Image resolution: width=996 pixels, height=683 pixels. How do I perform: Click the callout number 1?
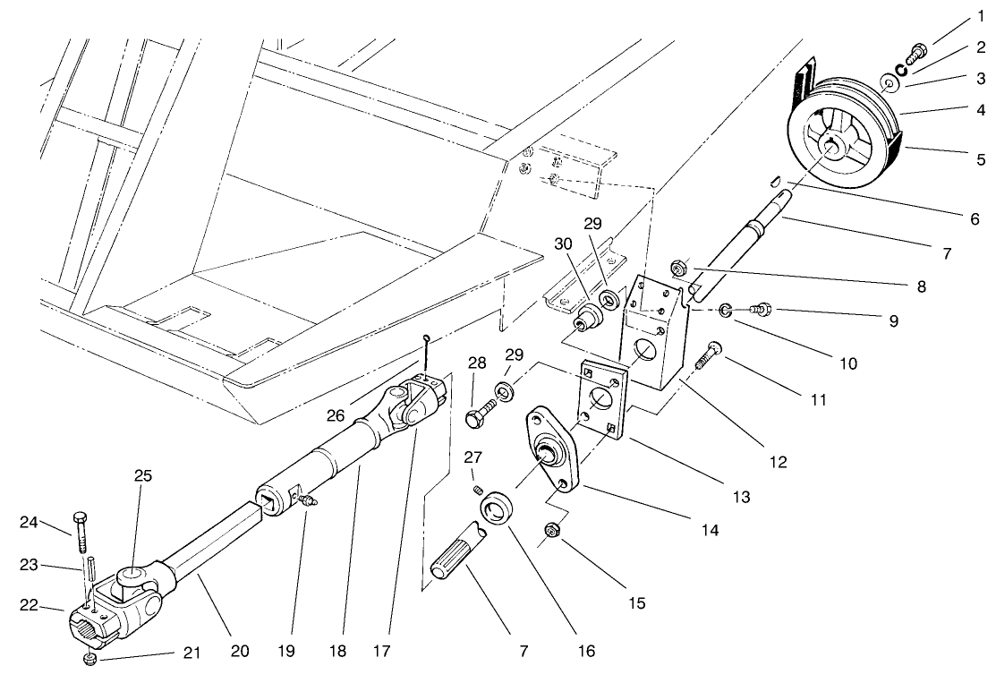tap(981, 16)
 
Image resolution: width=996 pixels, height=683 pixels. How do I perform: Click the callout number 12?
tap(777, 463)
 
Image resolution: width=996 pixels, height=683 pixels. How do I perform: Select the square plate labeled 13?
tap(595, 394)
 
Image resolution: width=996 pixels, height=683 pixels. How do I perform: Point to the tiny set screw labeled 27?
tap(478, 487)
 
